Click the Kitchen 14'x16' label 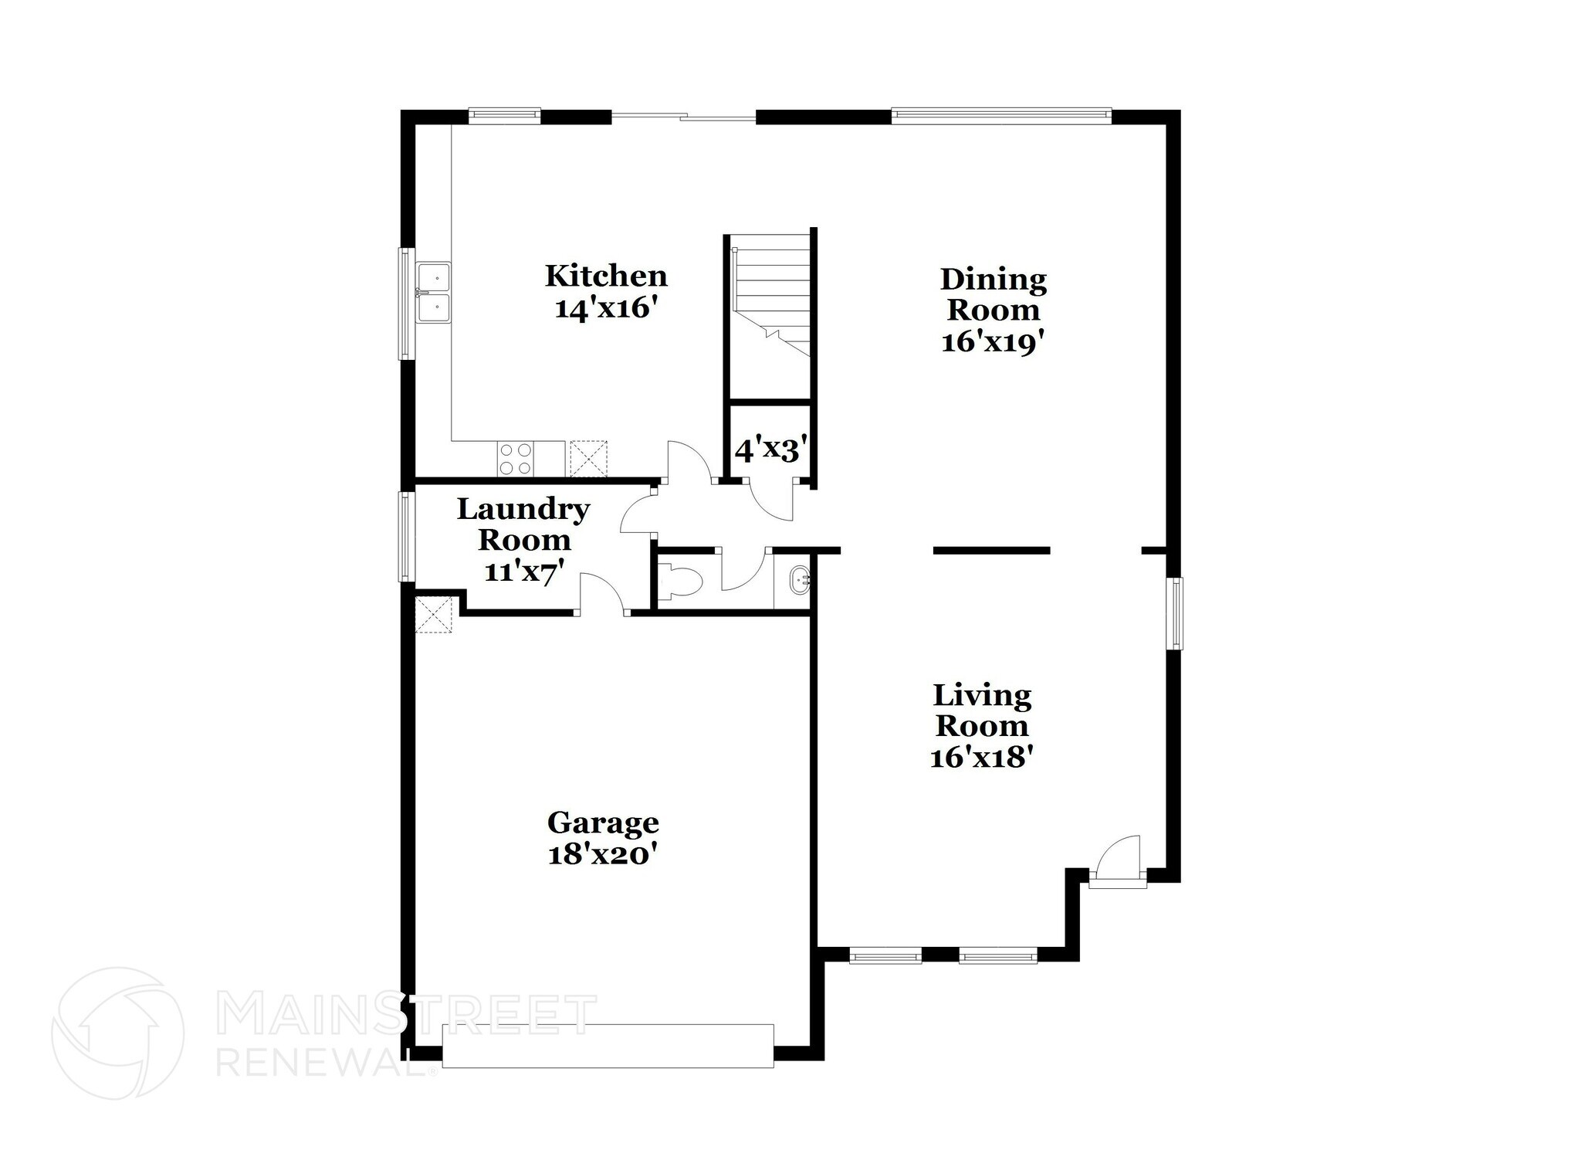tap(606, 292)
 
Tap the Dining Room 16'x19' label tap(993, 310)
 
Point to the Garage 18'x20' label tap(602, 838)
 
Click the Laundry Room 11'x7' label tap(523, 540)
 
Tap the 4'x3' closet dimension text tap(770, 449)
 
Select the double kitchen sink tap(433, 293)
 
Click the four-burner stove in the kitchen tap(515, 457)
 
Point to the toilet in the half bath tap(679, 581)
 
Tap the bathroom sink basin tap(800, 577)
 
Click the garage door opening tap(608, 1046)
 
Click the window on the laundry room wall tap(405, 536)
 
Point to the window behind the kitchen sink tap(405, 303)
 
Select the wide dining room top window tap(1001, 116)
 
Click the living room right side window tap(1174, 614)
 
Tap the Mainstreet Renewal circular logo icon tap(117, 1033)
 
